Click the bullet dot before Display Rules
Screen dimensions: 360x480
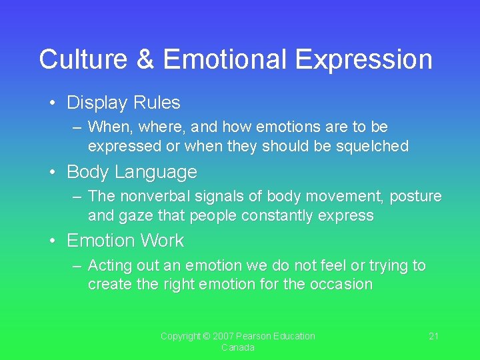point(52,103)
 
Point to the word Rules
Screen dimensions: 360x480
point(157,103)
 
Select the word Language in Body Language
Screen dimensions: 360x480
point(156,172)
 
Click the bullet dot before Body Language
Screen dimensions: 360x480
point(52,173)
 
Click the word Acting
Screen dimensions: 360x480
point(109,265)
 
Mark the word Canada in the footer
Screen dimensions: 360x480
point(238,347)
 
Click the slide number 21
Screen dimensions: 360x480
point(433,336)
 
